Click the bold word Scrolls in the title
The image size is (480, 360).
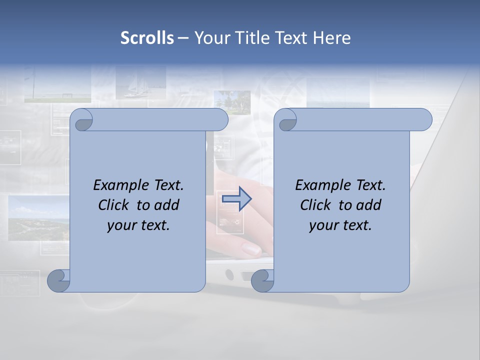(147, 38)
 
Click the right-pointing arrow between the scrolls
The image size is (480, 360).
(236, 199)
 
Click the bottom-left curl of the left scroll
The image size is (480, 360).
(59, 280)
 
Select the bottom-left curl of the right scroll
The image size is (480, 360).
(262, 280)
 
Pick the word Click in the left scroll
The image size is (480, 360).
(113, 205)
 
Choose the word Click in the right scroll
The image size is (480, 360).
(315, 205)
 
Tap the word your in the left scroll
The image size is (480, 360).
(120, 225)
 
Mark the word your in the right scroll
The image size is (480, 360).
(322, 225)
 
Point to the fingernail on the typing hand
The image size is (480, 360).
(250, 248)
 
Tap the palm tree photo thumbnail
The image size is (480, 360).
(232, 100)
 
